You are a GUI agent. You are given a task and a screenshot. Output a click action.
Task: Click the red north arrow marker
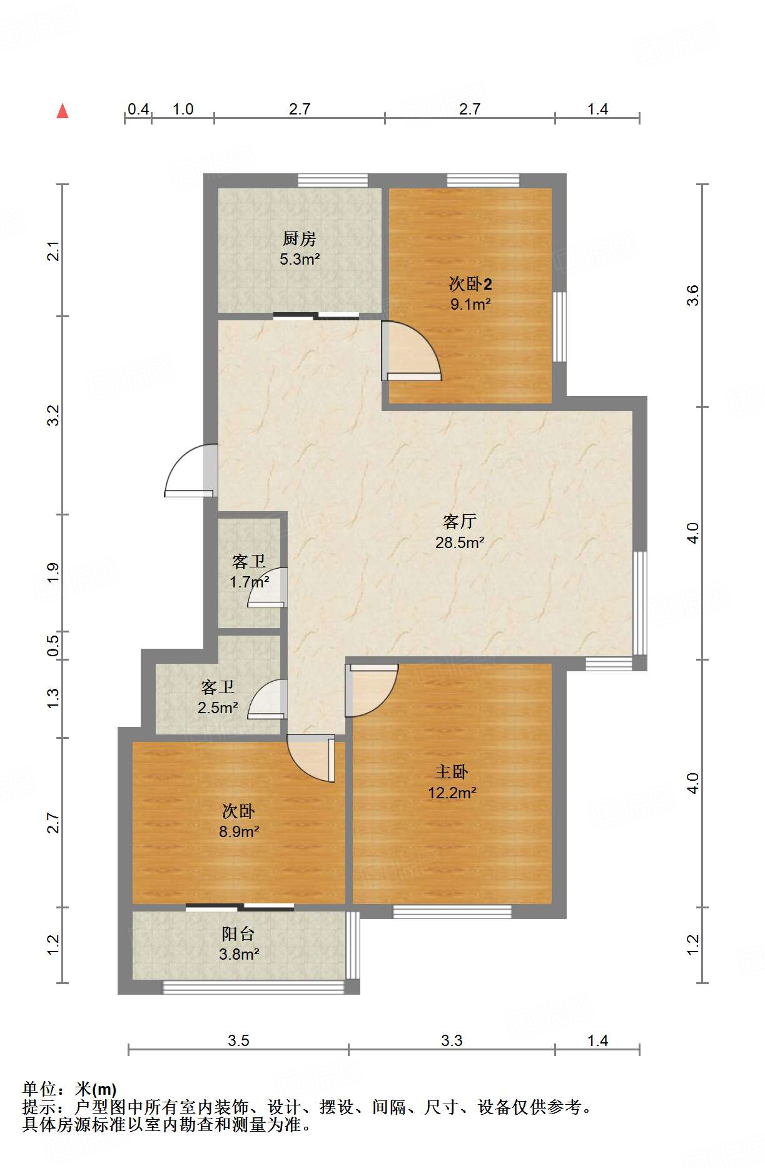pos(63,111)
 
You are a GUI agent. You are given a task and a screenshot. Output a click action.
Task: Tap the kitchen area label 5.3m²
pos(300,259)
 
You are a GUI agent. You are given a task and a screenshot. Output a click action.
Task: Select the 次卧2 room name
pos(470,284)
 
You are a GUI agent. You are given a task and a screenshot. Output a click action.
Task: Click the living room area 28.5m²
pos(460,542)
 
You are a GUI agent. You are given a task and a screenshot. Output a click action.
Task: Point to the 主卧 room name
pos(451,772)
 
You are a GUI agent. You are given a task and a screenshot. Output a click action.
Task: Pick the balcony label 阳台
pos(238,934)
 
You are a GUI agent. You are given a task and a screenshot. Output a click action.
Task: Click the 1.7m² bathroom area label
pos(249,582)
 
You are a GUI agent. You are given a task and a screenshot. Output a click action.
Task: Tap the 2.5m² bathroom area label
pos(218,708)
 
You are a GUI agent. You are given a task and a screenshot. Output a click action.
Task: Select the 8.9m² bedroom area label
pos(239,831)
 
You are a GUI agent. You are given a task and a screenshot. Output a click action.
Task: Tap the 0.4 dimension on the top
pos(138,109)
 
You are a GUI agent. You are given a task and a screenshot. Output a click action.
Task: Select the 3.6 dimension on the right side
pos(692,295)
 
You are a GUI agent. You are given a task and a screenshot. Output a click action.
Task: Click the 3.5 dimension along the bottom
pos(238,1040)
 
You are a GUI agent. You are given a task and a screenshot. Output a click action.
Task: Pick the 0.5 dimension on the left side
pos(54,646)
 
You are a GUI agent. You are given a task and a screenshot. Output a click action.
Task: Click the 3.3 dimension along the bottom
pos(452,1040)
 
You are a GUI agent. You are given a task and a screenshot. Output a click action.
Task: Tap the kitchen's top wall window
pos(332,181)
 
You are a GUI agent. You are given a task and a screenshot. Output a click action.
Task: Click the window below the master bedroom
pos(452,912)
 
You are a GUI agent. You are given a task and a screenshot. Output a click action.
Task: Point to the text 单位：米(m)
pos(69,1089)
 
